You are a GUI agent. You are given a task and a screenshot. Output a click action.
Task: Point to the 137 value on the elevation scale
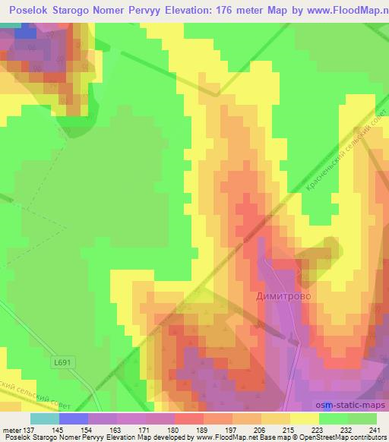coord(28,429)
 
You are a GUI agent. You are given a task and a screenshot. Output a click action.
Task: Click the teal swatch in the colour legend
coord(44,418)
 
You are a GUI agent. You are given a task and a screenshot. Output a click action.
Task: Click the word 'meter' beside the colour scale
coord(11,429)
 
